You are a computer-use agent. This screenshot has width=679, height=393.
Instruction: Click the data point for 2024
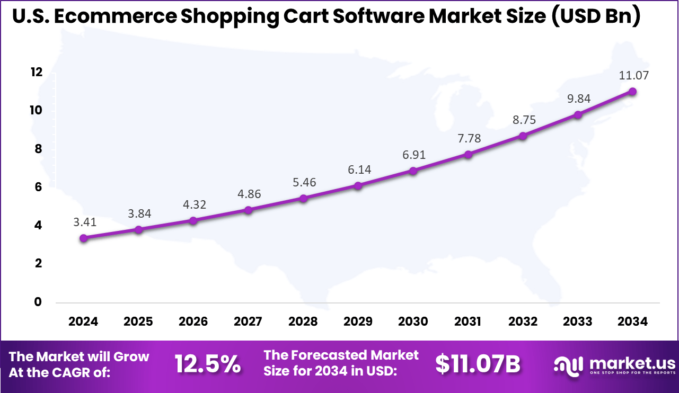pos(84,238)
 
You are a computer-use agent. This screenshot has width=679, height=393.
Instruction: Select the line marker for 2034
pos(632,91)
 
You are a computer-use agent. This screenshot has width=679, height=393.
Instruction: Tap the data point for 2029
pos(358,185)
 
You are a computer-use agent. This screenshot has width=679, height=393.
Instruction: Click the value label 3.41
pos(84,222)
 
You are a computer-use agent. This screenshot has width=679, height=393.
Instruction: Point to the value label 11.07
pos(634,75)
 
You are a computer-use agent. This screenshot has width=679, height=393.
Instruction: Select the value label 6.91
pos(413,155)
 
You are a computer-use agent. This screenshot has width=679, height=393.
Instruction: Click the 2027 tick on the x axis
pos(248,321)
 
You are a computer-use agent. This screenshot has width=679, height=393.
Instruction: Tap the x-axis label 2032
pos(523,321)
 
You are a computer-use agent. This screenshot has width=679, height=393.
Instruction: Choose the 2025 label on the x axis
pos(138,321)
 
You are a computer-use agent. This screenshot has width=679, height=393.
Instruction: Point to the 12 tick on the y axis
pos(36,73)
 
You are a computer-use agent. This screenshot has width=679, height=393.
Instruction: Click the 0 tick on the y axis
pos(38,302)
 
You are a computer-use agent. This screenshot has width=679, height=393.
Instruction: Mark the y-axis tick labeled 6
pos(38,187)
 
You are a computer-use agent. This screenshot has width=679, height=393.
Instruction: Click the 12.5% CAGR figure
pos(208,364)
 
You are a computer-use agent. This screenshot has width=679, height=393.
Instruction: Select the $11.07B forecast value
pos(478,364)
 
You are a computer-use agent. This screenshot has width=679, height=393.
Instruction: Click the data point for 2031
pos(468,154)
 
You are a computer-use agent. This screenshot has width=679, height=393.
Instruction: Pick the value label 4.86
pos(249,194)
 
